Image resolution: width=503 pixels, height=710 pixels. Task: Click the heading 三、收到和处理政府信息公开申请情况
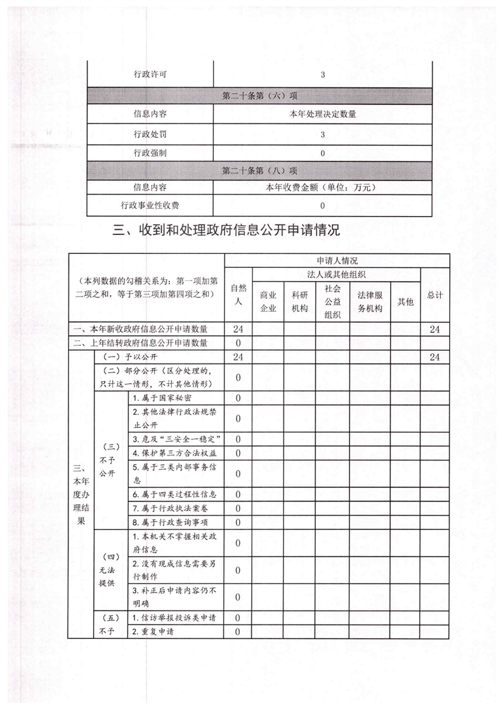click(x=226, y=231)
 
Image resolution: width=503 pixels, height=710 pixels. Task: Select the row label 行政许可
click(x=150, y=75)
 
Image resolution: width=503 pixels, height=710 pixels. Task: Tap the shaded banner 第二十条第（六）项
click(x=259, y=96)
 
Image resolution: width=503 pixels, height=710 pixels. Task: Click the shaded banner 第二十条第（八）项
click(x=259, y=170)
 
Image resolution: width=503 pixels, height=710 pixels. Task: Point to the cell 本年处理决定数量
click(x=322, y=115)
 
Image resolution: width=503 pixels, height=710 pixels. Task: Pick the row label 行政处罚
click(x=150, y=134)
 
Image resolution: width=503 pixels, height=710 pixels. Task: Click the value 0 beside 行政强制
click(x=322, y=153)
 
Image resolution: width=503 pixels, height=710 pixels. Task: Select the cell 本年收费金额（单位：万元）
click(x=322, y=187)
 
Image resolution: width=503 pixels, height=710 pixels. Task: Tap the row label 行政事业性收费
click(x=150, y=205)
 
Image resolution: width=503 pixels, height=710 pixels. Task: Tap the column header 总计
click(x=434, y=295)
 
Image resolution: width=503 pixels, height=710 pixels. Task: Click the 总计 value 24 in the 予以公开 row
click(x=434, y=358)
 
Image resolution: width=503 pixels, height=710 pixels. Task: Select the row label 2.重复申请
click(x=153, y=631)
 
